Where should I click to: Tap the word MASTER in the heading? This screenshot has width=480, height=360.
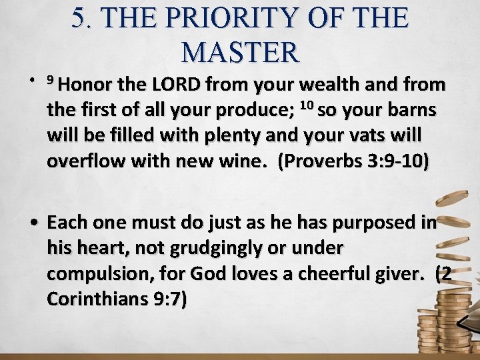(x=240, y=52)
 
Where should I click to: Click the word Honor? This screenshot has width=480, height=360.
(x=91, y=85)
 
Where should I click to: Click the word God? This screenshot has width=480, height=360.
(x=209, y=273)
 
